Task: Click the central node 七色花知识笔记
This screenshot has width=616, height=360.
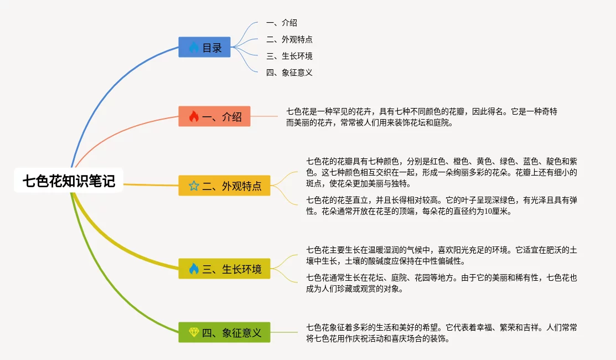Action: point(69,181)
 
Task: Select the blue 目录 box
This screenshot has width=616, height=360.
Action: point(204,47)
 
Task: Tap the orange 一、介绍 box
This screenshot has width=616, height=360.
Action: point(214,116)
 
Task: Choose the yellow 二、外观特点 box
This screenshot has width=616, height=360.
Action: point(224,186)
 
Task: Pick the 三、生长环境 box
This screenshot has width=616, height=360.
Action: point(224,269)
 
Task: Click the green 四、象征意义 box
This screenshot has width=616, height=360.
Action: point(224,332)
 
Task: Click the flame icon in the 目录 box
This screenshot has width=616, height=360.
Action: point(194,47)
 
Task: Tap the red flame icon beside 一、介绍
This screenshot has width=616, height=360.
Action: point(194,116)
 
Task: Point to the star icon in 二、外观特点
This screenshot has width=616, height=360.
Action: point(194,186)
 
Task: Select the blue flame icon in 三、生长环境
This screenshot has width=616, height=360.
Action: point(194,269)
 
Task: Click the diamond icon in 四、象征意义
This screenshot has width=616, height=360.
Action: point(194,332)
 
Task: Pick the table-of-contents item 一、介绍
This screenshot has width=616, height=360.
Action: point(282,23)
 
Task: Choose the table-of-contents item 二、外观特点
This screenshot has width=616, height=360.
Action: point(289,39)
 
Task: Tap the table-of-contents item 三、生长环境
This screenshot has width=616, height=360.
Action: point(289,56)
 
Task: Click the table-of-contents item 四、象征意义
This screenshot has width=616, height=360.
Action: point(289,73)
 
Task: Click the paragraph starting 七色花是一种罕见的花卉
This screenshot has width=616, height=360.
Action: point(422,117)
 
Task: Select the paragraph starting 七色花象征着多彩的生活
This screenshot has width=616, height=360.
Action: point(442,333)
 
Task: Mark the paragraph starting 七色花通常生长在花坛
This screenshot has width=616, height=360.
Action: point(442,284)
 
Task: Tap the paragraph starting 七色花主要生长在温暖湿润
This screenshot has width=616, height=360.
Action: point(442,255)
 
